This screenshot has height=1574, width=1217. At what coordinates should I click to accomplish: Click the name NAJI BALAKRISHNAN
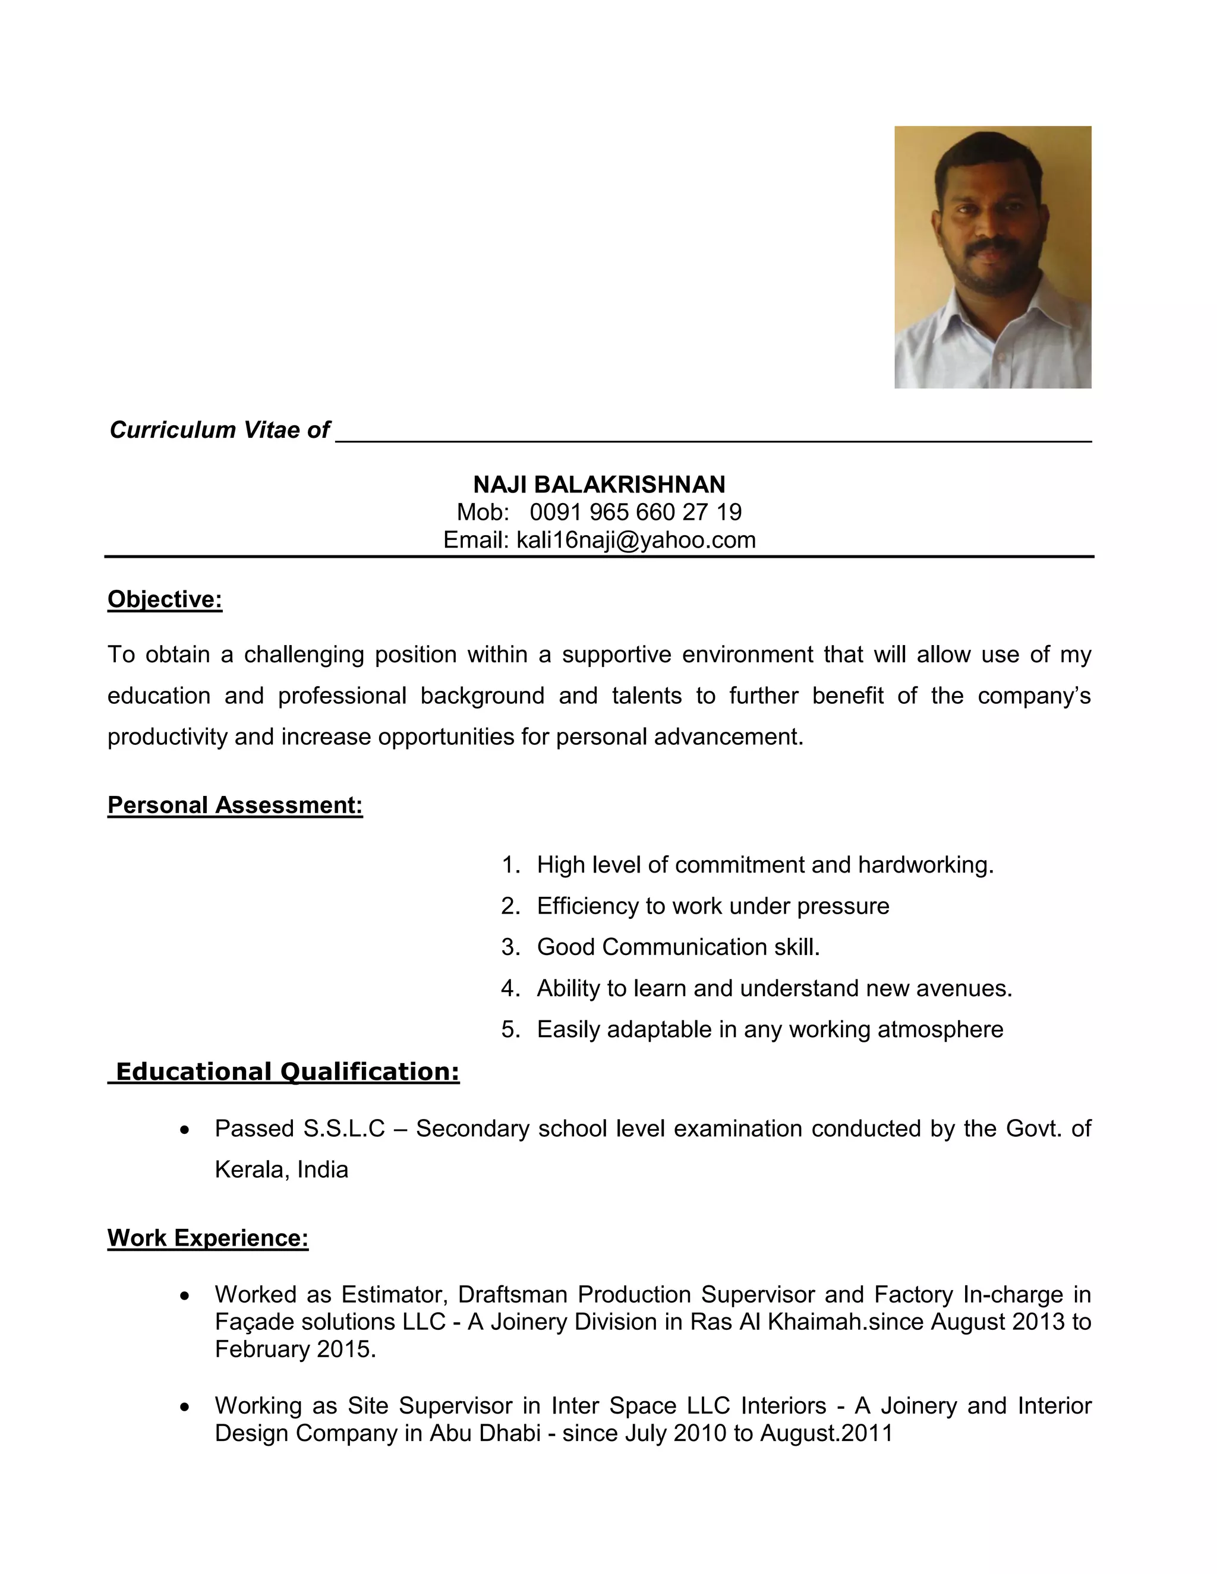tap(599, 484)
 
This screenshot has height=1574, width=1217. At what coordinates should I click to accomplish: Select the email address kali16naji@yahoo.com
tap(636, 540)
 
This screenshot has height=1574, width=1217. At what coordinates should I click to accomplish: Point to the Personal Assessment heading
tap(235, 805)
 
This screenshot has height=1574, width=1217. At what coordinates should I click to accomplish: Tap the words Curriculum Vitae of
tap(219, 429)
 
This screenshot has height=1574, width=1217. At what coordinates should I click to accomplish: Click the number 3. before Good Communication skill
tap(510, 947)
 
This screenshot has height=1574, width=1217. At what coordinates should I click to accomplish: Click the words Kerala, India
tap(281, 1170)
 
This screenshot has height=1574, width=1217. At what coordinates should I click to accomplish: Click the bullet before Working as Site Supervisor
tap(185, 1406)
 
